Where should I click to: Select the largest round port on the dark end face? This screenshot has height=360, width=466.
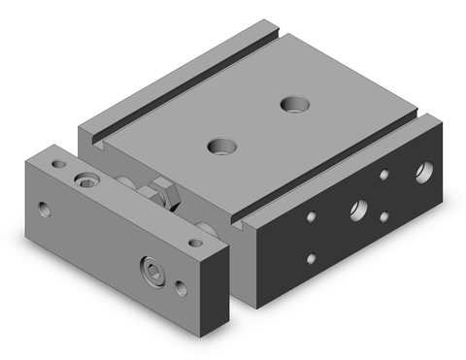[x=424, y=174]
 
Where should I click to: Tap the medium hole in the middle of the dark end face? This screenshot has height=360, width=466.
[x=359, y=207]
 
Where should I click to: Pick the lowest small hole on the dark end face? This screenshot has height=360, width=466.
[x=312, y=259]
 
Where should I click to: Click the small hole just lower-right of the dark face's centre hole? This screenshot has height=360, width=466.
[x=384, y=216]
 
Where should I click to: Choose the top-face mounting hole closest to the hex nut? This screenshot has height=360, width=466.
[x=221, y=147]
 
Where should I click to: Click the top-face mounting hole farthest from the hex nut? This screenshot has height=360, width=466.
[x=289, y=102]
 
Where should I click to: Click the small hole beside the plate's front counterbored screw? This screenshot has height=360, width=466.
[x=182, y=287]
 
